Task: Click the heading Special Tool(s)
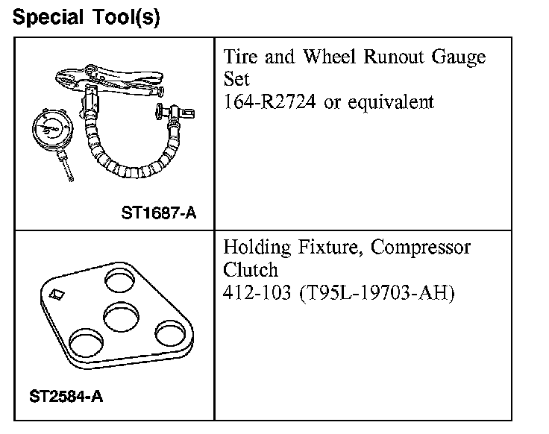tap(86, 16)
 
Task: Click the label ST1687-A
tap(158, 213)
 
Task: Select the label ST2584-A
tap(66, 396)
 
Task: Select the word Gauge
tap(459, 57)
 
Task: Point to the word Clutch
tap(250, 268)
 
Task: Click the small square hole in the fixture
tap(55, 296)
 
